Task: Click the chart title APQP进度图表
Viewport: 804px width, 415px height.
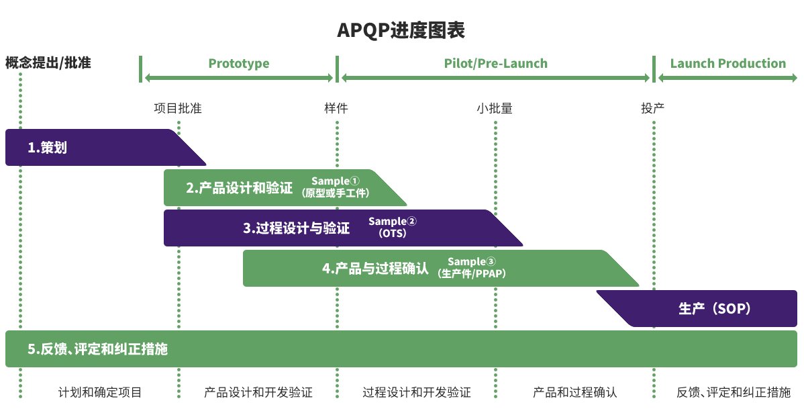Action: click(401, 31)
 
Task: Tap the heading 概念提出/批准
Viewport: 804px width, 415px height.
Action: click(48, 64)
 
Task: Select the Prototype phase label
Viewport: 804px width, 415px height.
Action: click(238, 64)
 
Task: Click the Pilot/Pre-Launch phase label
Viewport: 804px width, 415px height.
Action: click(495, 64)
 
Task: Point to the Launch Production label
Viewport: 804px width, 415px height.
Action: click(727, 64)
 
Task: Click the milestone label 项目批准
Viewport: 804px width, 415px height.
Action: click(178, 108)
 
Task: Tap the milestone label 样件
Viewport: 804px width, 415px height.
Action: click(336, 108)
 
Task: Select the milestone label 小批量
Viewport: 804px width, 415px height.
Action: click(495, 108)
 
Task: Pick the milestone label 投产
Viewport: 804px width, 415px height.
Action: click(653, 108)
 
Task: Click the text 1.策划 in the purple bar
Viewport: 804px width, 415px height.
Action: click(47, 148)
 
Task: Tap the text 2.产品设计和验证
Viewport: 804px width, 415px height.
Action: click(240, 189)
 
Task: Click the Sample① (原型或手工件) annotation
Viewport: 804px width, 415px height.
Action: click(336, 187)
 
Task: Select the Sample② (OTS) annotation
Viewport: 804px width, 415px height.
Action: click(393, 228)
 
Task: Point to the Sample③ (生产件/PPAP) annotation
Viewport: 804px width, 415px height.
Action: click(472, 268)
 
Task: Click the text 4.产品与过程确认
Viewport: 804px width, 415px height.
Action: click(375, 269)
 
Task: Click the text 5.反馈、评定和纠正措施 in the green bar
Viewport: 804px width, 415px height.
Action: click(97, 349)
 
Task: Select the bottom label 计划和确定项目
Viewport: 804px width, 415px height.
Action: click(100, 392)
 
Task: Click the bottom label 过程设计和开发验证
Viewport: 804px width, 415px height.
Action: click(417, 392)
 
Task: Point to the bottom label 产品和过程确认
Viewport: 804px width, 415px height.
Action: click(574, 392)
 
